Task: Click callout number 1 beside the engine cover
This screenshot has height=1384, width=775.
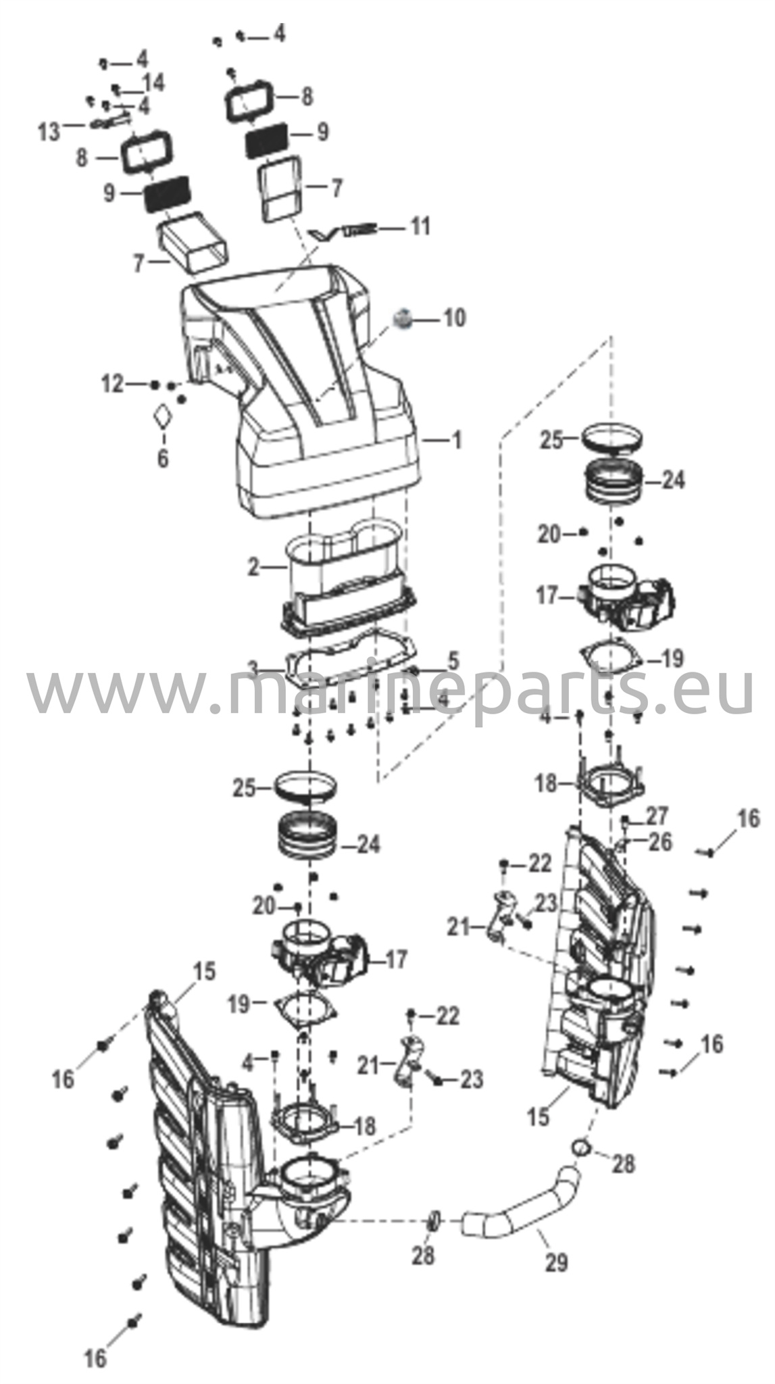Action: pyautogui.click(x=457, y=441)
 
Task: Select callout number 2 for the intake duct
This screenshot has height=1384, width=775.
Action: pyautogui.click(x=253, y=567)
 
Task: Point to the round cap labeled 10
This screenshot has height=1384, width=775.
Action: pyautogui.click(x=403, y=318)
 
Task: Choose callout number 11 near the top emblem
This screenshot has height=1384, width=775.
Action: pyautogui.click(x=420, y=226)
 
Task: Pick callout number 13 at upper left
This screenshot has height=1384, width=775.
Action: pyautogui.click(x=49, y=131)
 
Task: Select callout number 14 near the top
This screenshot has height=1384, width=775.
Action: pyautogui.click(x=153, y=83)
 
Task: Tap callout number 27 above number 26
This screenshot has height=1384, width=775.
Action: pyautogui.click(x=656, y=816)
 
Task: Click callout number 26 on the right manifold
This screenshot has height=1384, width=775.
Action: pyautogui.click(x=660, y=842)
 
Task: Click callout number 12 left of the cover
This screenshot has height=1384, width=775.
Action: pyautogui.click(x=112, y=385)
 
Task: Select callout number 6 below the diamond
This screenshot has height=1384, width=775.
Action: pyautogui.click(x=163, y=458)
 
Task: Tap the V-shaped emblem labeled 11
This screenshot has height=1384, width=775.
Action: pyautogui.click(x=341, y=231)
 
